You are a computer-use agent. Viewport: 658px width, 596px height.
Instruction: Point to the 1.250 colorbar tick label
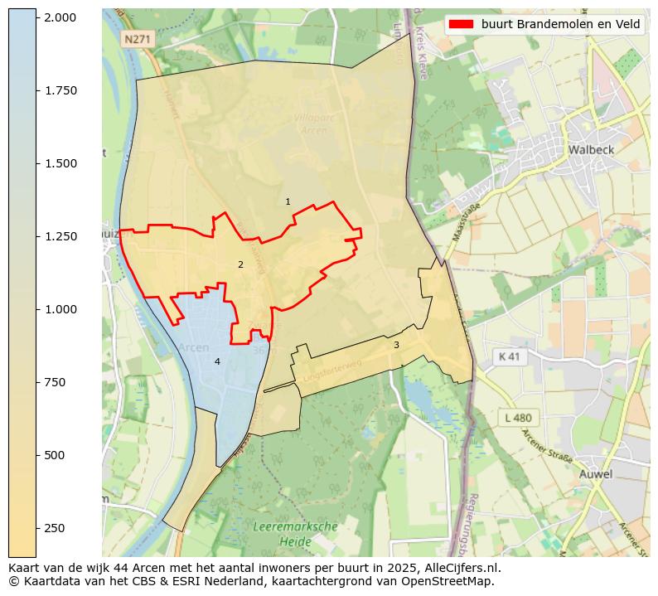60,236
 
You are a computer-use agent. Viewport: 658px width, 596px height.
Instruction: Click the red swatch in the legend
461,24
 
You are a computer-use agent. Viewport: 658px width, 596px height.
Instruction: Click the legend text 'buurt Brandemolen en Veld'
561,24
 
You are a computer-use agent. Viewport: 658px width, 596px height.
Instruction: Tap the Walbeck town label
590,150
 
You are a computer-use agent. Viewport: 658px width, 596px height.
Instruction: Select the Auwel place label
596,474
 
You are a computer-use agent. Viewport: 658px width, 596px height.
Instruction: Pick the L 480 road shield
518,418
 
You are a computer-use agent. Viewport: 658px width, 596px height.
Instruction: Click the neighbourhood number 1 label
288,201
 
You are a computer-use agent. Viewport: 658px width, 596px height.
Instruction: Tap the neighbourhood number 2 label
240,264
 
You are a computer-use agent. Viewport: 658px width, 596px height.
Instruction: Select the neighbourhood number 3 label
396,345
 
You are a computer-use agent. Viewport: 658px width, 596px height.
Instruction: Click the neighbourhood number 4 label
217,361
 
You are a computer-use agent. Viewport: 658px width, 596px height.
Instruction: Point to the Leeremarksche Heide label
295,534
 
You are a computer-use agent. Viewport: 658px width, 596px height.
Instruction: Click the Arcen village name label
194,347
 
